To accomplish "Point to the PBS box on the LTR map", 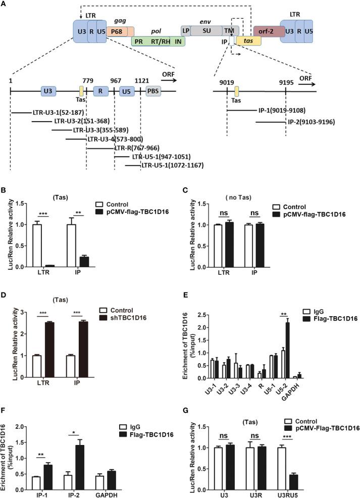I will point(154,91).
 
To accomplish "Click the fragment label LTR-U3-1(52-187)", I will point(43,113).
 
